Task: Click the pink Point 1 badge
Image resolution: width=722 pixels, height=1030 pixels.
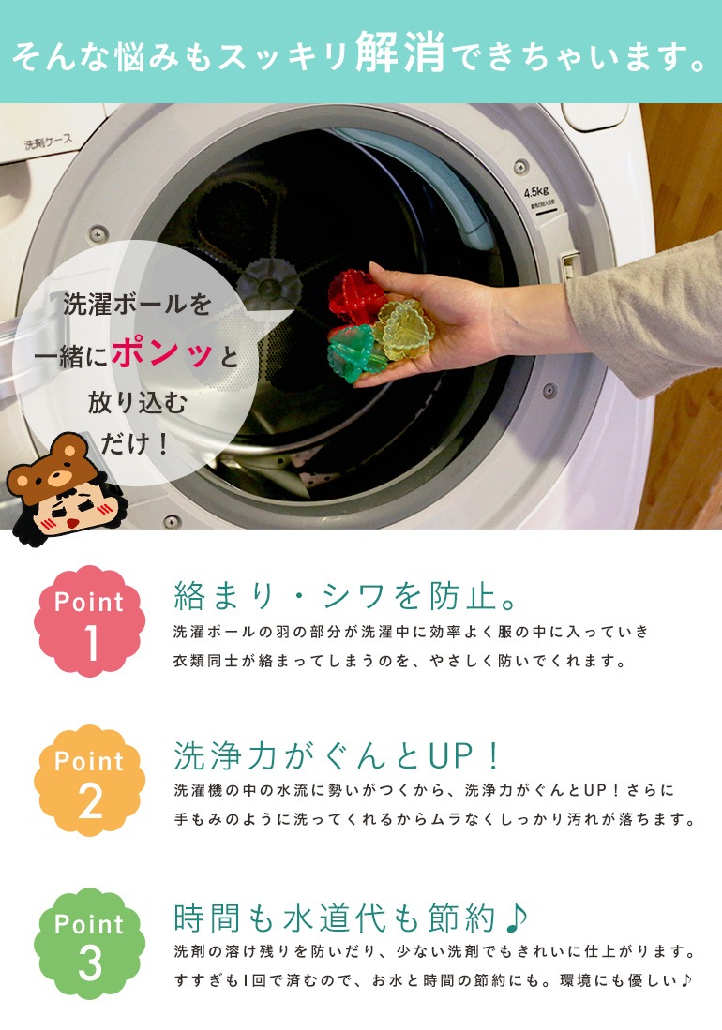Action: coord(89,620)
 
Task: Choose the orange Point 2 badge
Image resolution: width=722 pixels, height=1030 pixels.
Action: coord(89,781)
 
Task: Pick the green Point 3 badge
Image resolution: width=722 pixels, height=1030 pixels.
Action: coord(89,943)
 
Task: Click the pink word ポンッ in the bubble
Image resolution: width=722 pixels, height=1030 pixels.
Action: coord(162,354)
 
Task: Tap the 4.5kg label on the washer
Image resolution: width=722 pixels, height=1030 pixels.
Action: coord(536,192)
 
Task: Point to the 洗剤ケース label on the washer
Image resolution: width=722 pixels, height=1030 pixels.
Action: coord(48,142)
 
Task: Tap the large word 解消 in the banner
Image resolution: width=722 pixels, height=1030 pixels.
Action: coord(400,52)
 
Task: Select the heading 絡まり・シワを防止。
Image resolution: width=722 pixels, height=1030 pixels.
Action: coord(346,596)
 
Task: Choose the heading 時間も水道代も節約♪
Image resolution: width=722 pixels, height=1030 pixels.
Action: coord(350,918)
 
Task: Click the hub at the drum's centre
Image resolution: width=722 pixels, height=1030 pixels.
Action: coord(268,287)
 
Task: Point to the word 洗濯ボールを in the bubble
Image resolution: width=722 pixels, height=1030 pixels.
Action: coord(137,305)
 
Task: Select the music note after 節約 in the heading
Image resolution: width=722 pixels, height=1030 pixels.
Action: coord(517,917)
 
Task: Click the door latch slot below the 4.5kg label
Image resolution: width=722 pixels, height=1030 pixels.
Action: coord(569,265)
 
